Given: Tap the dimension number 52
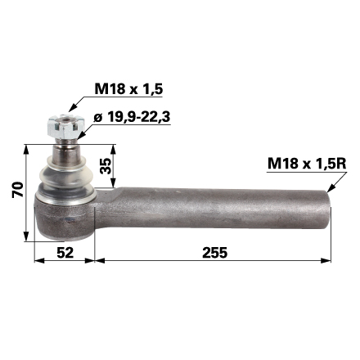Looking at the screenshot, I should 65,252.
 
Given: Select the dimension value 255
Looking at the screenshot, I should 214,252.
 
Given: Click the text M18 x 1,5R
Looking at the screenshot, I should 304,164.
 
